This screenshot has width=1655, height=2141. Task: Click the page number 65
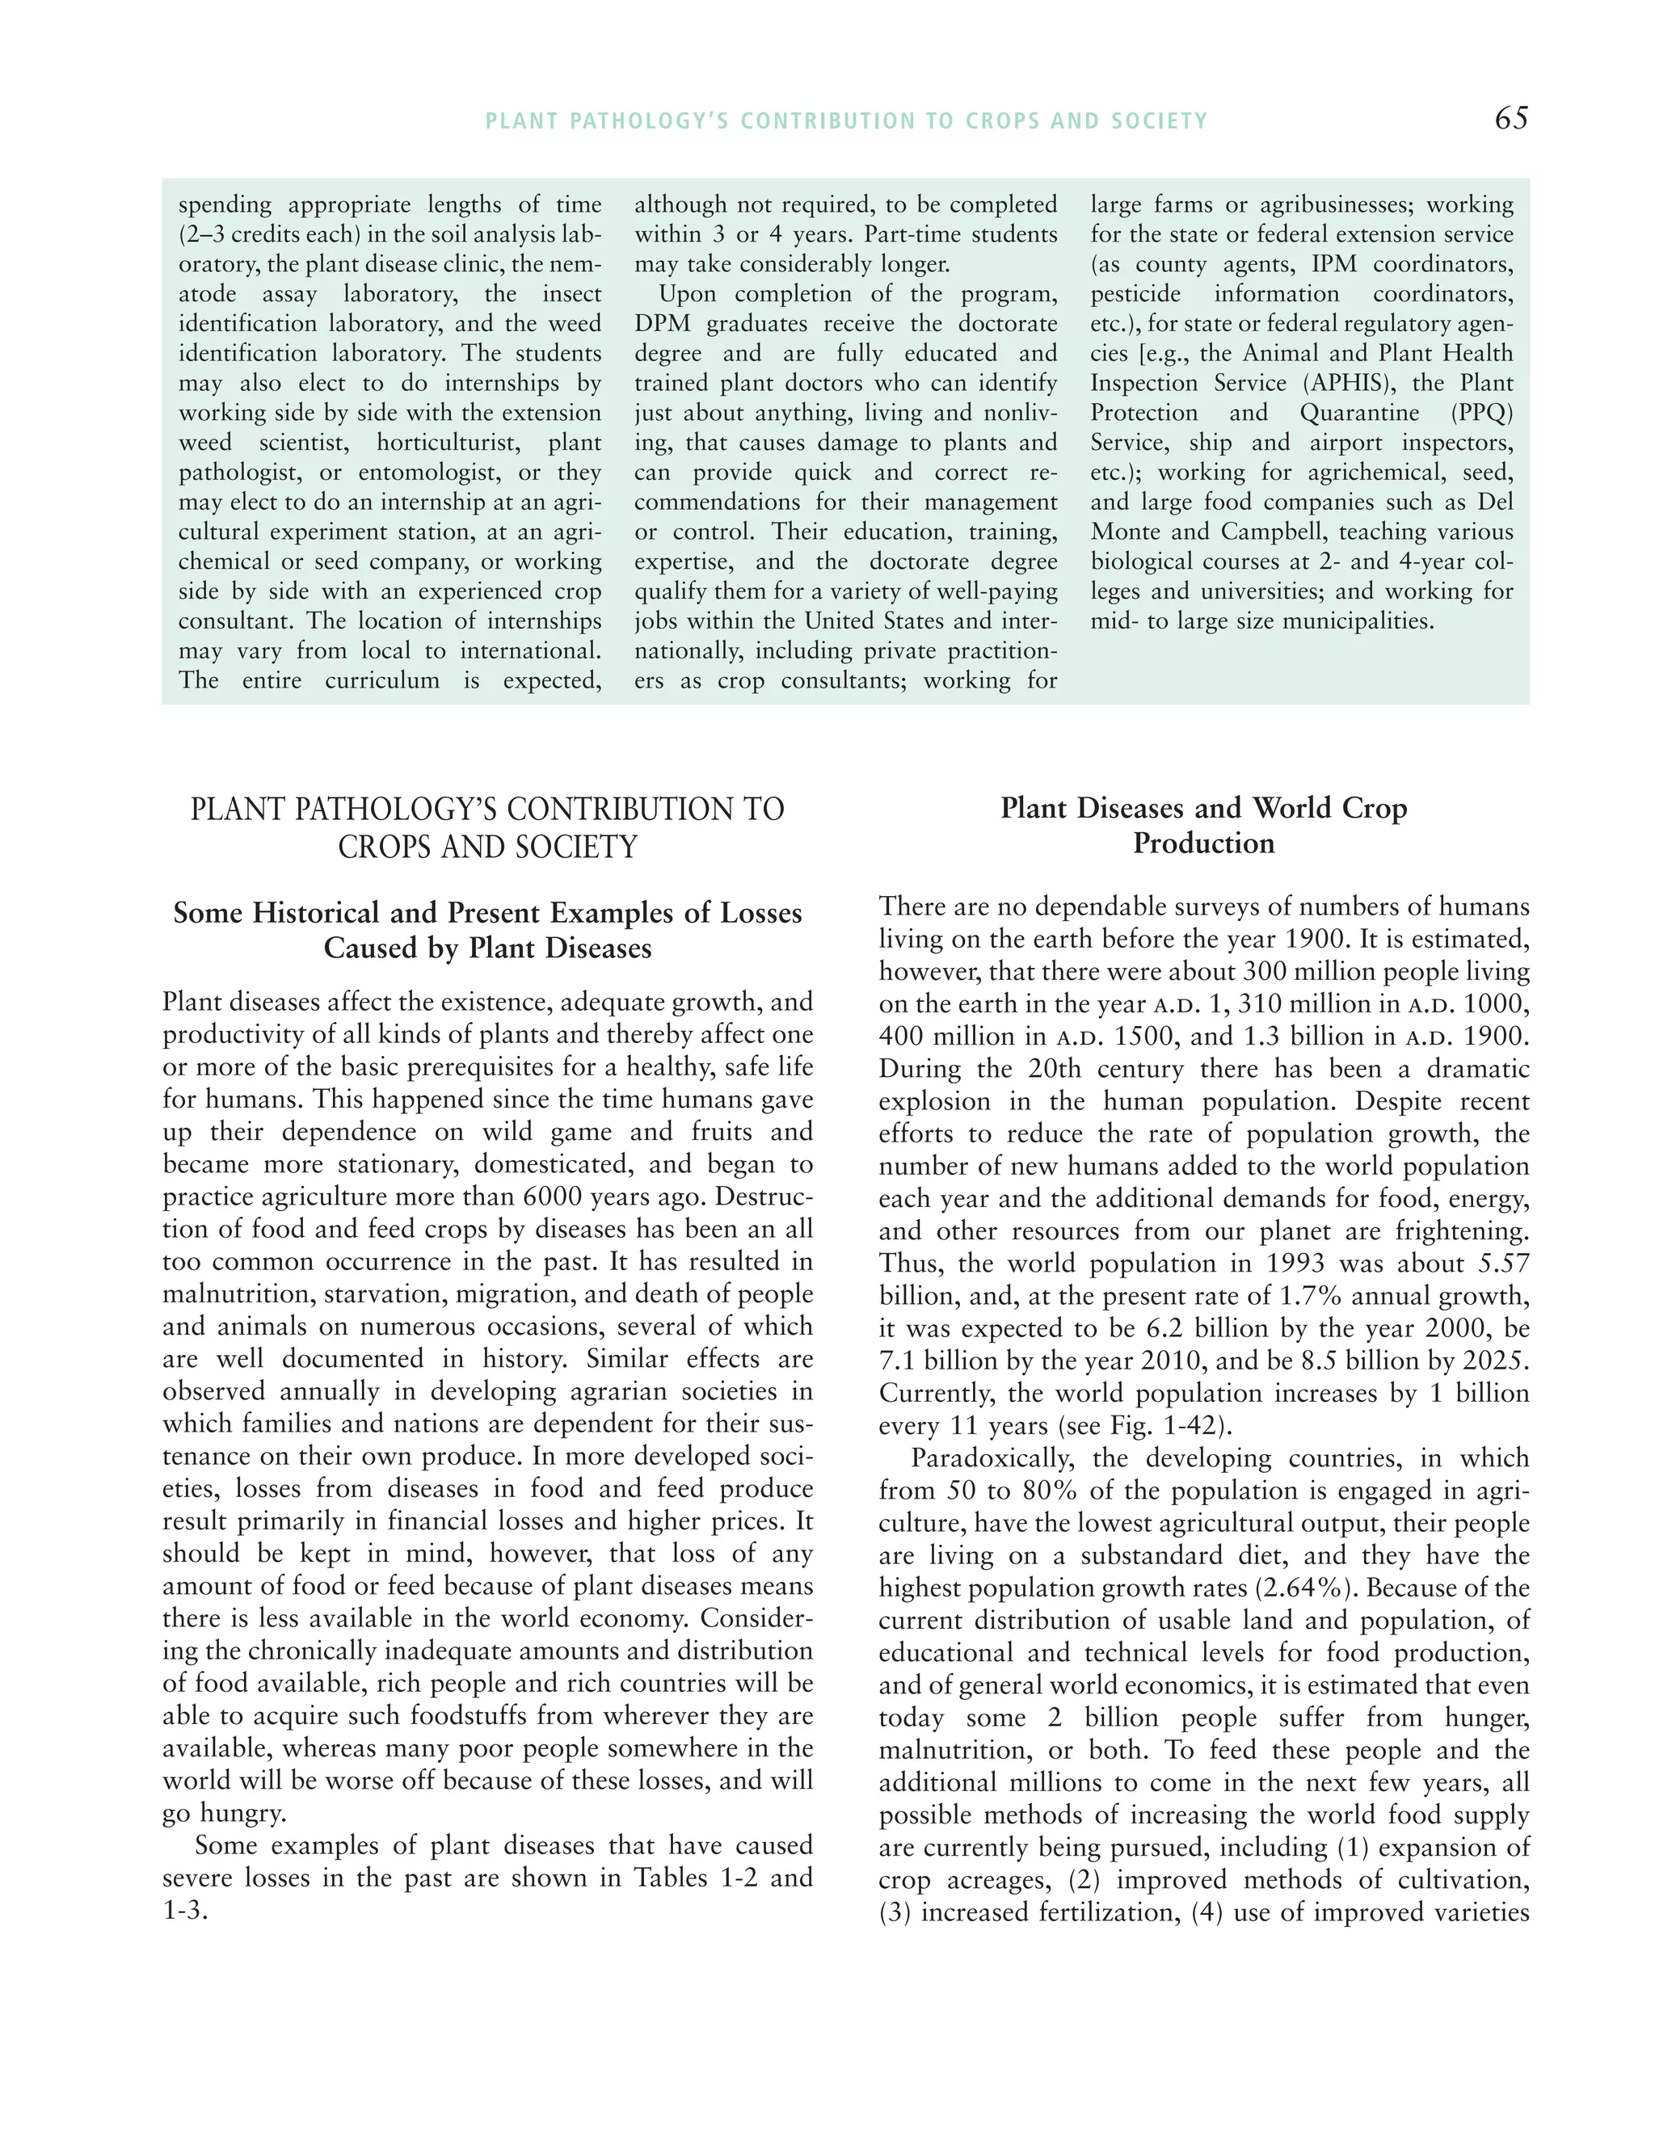1511,119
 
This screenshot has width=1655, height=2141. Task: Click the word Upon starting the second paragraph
686,294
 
